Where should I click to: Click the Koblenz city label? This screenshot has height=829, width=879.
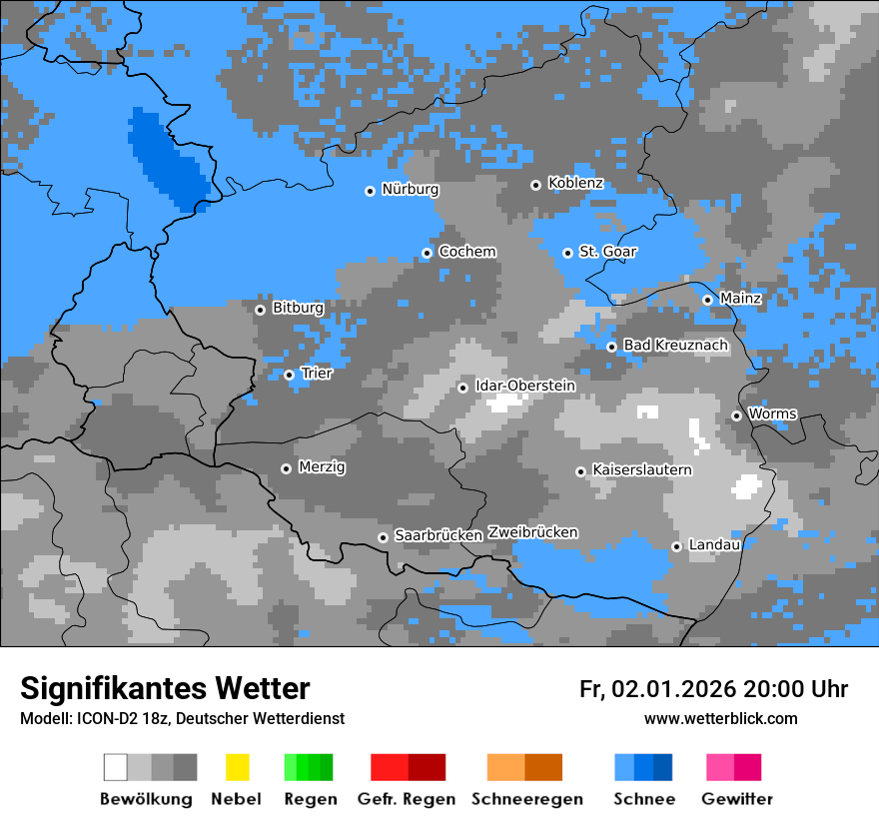pyautogui.click(x=575, y=184)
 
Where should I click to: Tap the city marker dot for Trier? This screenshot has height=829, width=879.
pyautogui.click(x=290, y=375)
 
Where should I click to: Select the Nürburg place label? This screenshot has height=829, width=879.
pyautogui.click(x=410, y=189)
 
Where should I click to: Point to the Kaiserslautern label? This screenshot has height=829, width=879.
pyautogui.click(x=641, y=470)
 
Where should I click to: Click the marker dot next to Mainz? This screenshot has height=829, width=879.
pyautogui.click(x=708, y=300)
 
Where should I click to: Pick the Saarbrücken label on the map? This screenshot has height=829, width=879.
pyautogui.click(x=439, y=536)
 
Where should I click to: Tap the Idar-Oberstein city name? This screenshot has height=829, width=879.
pyautogui.click(x=525, y=387)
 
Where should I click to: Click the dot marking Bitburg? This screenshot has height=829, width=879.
pyautogui.click(x=261, y=310)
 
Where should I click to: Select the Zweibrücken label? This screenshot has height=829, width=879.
pyautogui.click(x=532, y=533)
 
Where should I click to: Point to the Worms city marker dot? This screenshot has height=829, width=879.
pyautogui.click(x=737, y=415)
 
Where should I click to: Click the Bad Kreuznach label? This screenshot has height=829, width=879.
pyautogui.click(x=675, y=346)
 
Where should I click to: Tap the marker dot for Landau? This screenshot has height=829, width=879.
pyautogui.click(x=677, y=546)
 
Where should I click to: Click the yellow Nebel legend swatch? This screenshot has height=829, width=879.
pyautogui.click(x=237, y=767)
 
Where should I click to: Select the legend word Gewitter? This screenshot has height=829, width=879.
pyautogui.click(x=736, y=799)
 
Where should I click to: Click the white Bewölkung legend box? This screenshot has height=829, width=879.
pyautogui.click(x=116, y=767)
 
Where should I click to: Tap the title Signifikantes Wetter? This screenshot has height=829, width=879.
pyautogui.click(x=165, y=689)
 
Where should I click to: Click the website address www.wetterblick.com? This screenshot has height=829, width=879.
pyautogui.click(x=720, y=719)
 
